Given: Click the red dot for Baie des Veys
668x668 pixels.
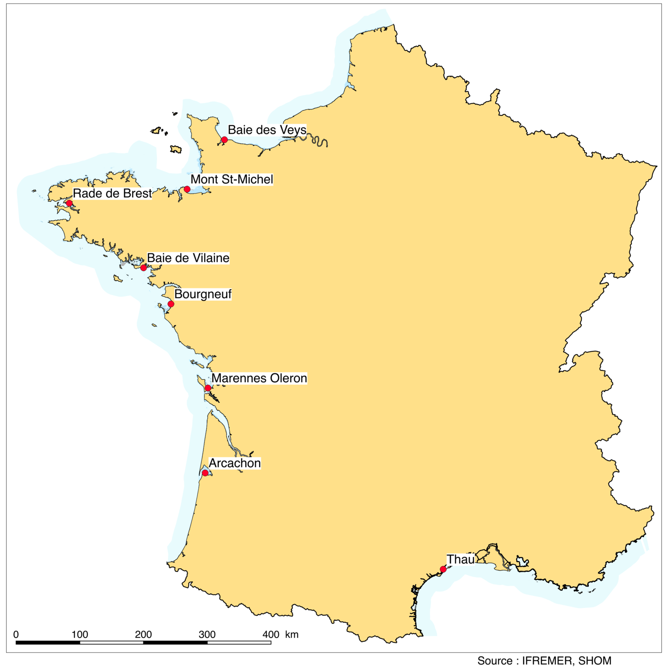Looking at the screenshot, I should click(224, 140).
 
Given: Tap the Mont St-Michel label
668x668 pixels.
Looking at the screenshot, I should click(232, 179).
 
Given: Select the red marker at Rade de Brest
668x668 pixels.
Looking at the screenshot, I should click(69, 204).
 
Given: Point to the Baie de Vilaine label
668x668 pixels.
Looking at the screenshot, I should click(188, 258).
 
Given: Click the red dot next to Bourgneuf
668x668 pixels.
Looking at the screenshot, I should click(171, 304).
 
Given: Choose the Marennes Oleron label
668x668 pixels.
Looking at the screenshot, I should click(259, 379).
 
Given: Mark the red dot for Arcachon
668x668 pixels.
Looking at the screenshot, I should click(205, 473).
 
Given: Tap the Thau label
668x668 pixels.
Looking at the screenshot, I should click(460, 560).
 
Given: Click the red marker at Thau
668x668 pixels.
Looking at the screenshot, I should click(443, 569).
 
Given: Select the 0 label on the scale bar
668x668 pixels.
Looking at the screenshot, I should click(16, 635).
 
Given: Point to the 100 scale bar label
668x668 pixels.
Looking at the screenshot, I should click(80, 635).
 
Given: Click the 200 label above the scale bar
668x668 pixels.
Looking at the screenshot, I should click(143, 635).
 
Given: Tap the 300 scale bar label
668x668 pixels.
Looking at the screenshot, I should click(207, 635).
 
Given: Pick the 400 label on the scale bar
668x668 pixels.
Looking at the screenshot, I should click(271, 635).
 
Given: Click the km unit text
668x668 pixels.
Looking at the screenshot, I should click(292, 635).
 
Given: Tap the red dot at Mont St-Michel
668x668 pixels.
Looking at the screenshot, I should click(187, 189).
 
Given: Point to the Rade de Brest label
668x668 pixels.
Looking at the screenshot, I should click(112, 194).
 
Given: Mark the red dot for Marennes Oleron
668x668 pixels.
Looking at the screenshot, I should click(208, 388).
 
